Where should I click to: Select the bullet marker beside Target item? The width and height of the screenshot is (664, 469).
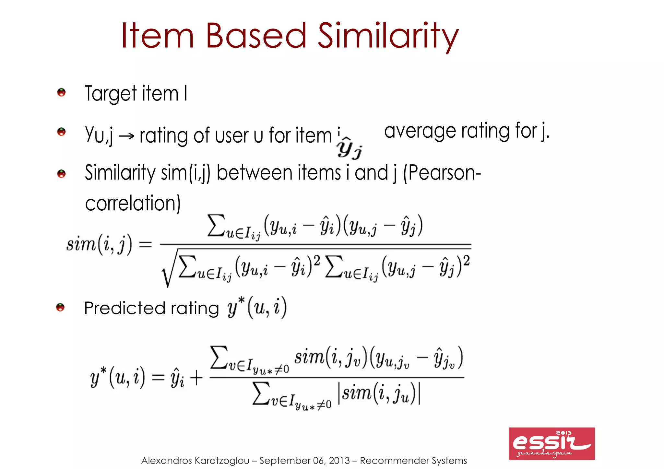coord(61,93)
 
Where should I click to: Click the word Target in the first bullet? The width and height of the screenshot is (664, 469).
coord(111,94)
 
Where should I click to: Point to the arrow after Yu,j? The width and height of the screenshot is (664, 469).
coord(126,136)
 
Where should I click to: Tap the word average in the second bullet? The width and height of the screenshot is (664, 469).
coord(420,132)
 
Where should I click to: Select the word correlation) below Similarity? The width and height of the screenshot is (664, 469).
coord(133,204)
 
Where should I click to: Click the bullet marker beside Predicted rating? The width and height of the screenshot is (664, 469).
coord(61,307)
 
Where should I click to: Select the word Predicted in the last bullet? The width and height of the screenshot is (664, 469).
coord(125,308)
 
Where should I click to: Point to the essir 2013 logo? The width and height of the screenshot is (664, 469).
coord(551,443)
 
